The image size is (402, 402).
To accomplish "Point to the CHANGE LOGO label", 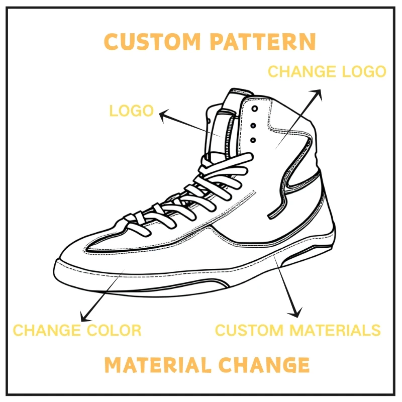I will tap(327, 71).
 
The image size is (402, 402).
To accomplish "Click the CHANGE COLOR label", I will tap(77, 330).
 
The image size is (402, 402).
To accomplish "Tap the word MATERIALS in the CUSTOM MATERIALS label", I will tap(334, 330).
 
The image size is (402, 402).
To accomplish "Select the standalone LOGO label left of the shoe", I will tap(131, 111).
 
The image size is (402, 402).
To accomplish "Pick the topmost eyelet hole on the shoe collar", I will tap(255, 109).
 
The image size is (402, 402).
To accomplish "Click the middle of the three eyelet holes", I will tap(253, 125).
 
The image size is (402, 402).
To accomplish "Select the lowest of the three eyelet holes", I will tap(253, 140).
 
